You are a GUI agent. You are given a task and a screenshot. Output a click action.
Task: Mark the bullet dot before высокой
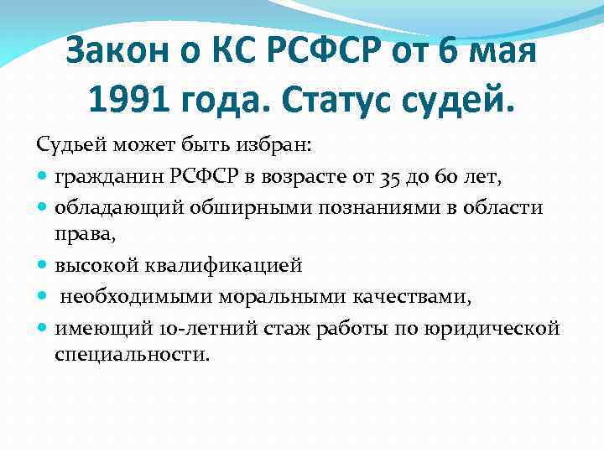(x=43, y=267)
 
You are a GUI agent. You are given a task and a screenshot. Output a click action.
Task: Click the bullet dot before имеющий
(x=43, y=328)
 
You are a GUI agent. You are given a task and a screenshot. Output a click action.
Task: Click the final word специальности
(x=131, y=355)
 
